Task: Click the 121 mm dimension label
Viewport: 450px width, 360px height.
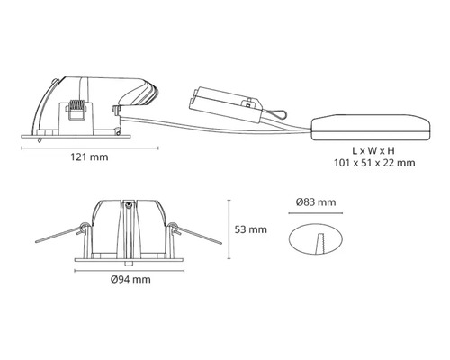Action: click(89, 157)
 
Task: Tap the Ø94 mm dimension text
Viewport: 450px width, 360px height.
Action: click(130, 280)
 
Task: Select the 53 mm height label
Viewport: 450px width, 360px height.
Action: click(251, 229)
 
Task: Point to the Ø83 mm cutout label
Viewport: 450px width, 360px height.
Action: click(316, 202)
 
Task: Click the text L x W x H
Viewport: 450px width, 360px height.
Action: click(373, 150)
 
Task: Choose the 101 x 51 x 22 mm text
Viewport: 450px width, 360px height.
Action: click(374, 163)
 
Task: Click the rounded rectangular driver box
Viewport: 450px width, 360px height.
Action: click(371, 127)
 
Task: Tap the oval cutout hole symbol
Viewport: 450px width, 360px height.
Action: click(316, 239)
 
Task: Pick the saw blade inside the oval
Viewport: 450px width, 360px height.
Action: click(320, 243)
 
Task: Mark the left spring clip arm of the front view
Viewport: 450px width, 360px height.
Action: click(60, 234)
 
